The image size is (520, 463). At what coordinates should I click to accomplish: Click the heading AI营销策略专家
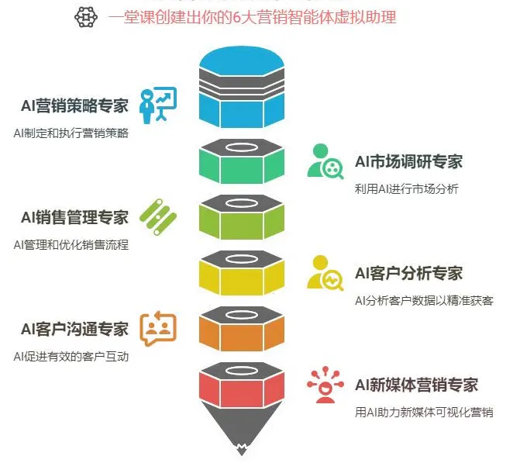75,106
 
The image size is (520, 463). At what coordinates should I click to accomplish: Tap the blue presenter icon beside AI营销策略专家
157,105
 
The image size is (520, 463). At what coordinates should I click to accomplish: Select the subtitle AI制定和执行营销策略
71,133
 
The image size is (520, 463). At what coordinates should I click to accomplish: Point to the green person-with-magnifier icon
325,161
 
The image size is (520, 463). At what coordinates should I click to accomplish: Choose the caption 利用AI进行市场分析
407,188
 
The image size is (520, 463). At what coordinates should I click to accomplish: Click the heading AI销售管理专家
75,217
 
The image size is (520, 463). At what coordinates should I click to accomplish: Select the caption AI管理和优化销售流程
71,244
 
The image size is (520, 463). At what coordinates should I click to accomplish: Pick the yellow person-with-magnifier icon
325,272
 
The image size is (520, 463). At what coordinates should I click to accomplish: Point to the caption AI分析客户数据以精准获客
424,300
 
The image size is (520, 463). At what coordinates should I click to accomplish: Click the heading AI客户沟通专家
75,329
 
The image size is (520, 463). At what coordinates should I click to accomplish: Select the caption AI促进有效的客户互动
71,356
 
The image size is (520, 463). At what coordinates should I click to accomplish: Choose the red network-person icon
325,383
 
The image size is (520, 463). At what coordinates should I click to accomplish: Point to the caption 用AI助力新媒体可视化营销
424,412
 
